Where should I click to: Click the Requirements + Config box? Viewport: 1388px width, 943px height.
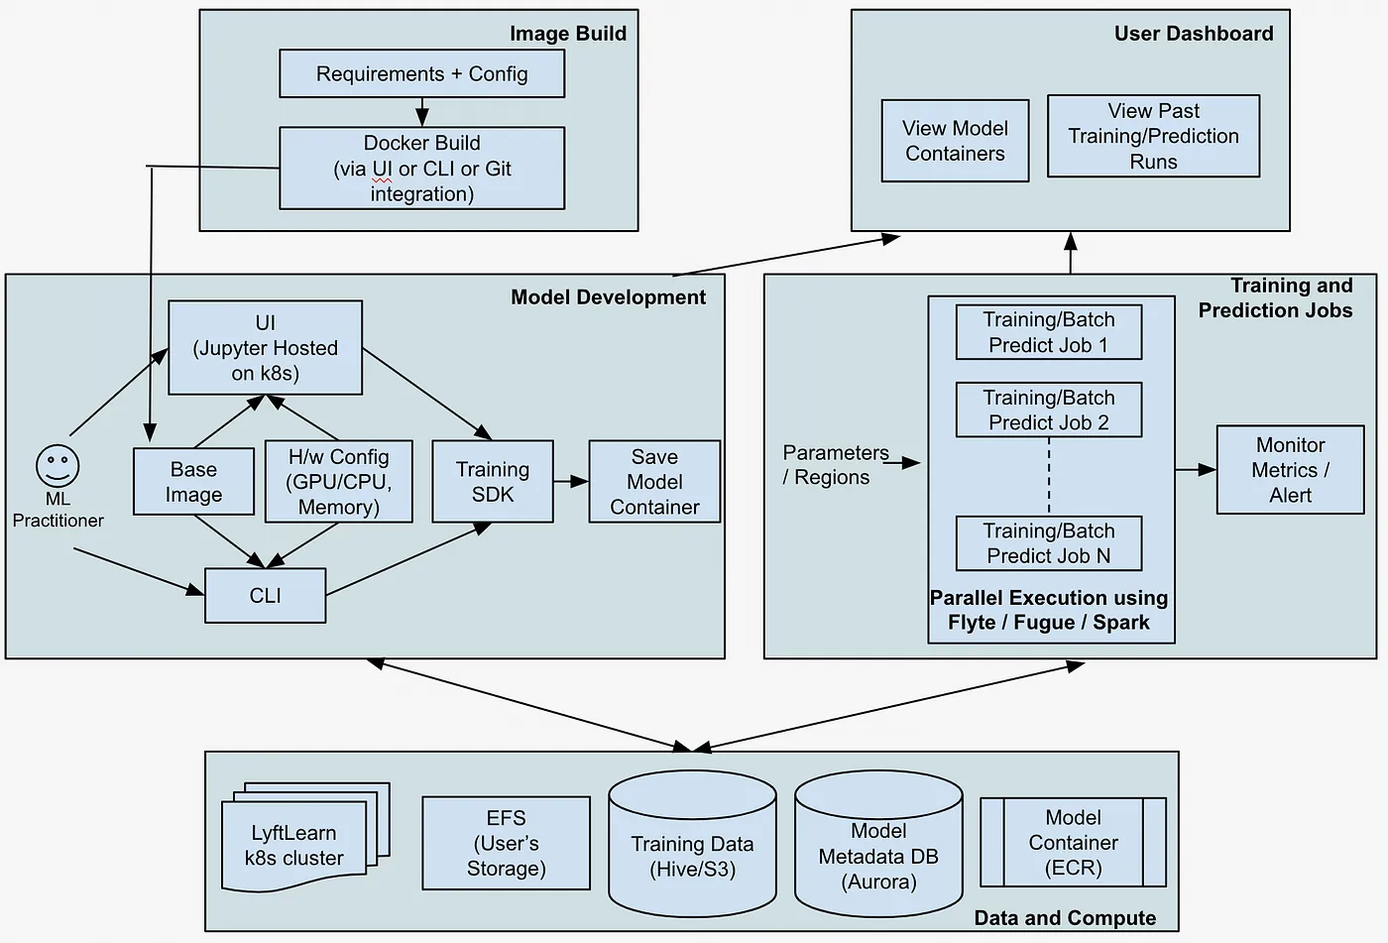(x=421, y=74)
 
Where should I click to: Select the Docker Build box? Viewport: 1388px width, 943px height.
(x=421, y=168)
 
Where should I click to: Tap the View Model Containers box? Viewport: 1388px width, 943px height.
(x=955, y=141)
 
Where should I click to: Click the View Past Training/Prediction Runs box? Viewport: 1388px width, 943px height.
(x=1153, y=136)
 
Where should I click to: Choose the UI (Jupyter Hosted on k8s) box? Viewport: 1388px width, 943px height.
(x=265, y=348)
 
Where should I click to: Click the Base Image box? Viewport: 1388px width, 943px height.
(x=193, y=482)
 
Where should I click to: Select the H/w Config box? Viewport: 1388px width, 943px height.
(x=338, y=482)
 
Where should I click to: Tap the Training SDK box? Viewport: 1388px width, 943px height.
(x=493, y=482)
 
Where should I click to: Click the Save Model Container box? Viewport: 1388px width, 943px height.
(x=654, y=482)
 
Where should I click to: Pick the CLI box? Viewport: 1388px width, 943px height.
(x=265, y=595)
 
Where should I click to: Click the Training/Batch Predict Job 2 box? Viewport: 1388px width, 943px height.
(x=1048, y=410)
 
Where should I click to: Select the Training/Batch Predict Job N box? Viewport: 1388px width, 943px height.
(x=1048, y=543)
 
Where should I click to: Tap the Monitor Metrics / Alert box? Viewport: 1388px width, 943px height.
(x=1290, y=470)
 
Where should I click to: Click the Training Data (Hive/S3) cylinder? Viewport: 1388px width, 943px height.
(x=692, y=857)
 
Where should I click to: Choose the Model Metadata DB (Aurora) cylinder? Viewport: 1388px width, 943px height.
(x=878, y=857)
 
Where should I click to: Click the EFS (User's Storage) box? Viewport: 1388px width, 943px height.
(x=506, y=843)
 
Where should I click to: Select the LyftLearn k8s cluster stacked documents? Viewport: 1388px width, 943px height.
(x=295, y=845)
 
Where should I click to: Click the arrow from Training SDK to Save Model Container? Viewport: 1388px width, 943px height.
(x=571, y=482)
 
